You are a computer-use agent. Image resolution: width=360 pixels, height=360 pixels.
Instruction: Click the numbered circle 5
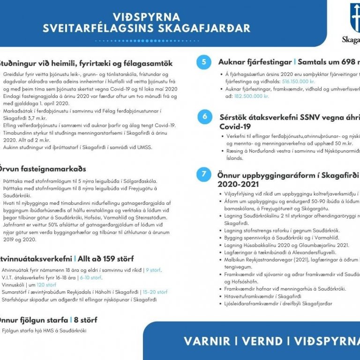tap(203, 62)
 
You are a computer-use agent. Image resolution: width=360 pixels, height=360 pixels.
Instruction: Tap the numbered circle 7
tap(204, 174)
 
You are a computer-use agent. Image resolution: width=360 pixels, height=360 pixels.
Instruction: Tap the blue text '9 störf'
tap(153, 270)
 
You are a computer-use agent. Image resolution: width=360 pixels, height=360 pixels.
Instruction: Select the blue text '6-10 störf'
tap(90, 277)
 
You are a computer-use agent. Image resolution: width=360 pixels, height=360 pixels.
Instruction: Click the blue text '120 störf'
tap(46, 285)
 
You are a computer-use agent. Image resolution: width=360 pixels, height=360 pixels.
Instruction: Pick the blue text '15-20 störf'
tap(155, 292)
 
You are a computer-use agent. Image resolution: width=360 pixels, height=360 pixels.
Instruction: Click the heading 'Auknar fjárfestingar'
tap(255, 62)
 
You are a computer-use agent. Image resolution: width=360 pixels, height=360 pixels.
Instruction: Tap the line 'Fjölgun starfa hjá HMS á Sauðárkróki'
tap(45, 330)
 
